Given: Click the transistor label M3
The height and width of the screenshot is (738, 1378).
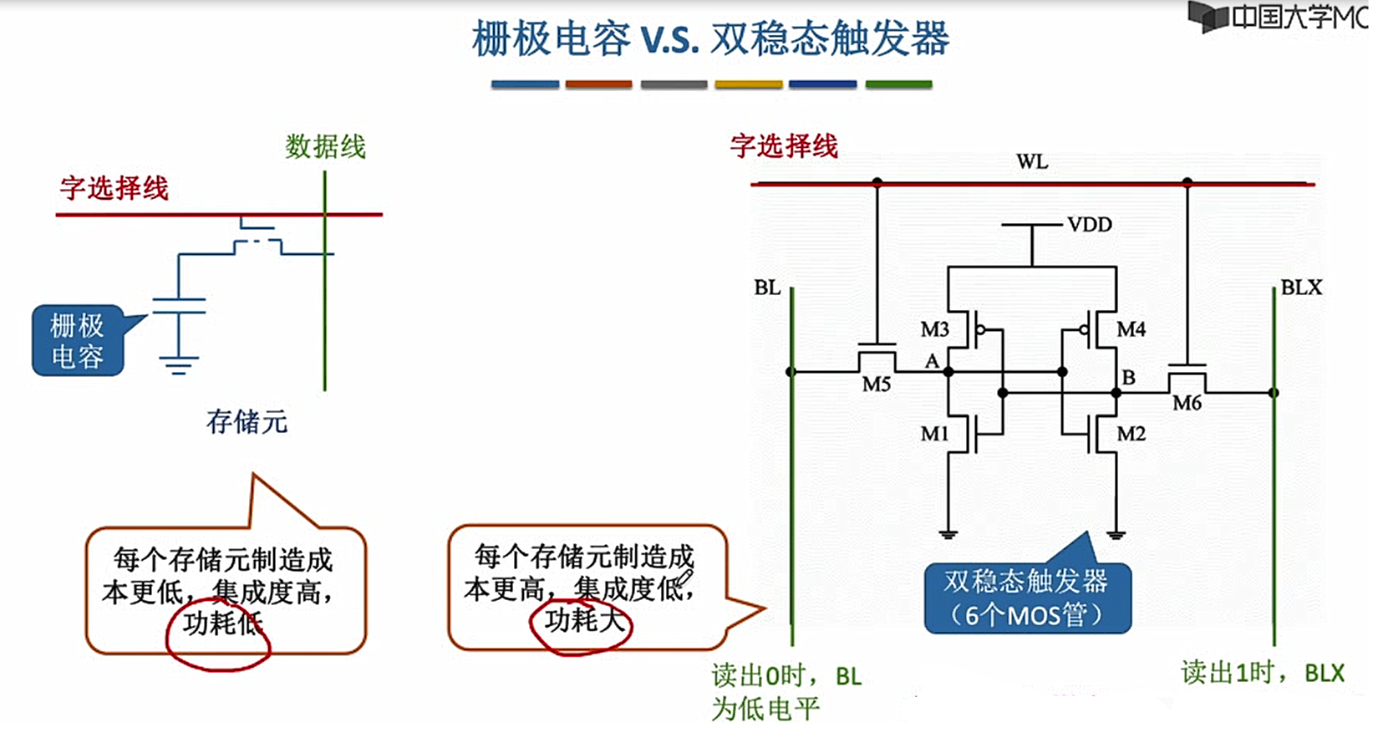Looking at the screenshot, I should click(934, 329).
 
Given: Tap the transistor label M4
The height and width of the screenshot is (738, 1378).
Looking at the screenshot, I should click(1131, 329).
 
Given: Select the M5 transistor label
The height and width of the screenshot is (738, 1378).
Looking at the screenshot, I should click(876, 384).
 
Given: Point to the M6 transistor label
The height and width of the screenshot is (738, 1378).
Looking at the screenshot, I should click(1187, 403).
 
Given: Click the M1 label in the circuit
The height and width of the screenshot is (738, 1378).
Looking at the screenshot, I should click(934, 434).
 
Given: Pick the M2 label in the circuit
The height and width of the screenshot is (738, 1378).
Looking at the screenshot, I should click(1131, 434).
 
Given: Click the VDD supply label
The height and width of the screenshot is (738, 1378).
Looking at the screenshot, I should click(1090, 225).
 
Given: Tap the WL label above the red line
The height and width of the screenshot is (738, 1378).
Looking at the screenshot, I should click(1032, 162).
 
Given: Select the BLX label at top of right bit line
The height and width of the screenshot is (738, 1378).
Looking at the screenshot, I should click(1301, 288).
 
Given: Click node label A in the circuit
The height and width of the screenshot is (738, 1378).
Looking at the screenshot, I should click(932, 361).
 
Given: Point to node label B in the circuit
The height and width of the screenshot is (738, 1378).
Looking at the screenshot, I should click(1128, 378).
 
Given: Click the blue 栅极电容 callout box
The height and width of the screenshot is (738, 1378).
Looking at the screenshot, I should click(78, 340).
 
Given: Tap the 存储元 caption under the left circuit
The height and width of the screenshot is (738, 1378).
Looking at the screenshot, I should click(247, 422).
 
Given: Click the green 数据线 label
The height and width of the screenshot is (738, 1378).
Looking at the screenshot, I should click(325, 147).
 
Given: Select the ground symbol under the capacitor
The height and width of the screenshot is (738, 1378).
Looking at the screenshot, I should click(178, 364).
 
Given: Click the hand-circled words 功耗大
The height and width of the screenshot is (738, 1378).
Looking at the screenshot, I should click(582, 622).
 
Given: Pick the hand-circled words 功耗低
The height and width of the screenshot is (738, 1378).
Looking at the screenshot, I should click(221, 624).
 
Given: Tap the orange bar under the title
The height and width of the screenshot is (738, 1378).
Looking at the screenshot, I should click(598, 84).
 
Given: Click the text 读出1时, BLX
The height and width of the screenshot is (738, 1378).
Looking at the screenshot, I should click(1262, 673).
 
